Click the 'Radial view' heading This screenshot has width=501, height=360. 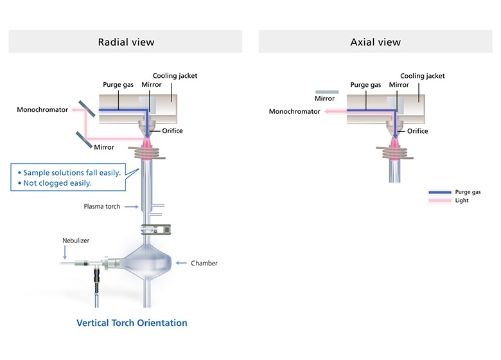[x=126, y=42]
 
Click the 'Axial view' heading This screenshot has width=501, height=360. [x=375, y=42]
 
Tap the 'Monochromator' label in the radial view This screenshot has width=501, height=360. [x=42, y=110]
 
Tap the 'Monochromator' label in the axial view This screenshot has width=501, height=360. [x=294, y=111]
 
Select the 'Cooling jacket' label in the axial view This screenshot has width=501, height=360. [x=422, y=76]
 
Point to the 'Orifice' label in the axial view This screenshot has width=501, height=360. [x=418, y=131]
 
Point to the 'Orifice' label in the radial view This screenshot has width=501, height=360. [x=172, y=131]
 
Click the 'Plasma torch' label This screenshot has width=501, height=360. [x=102, y=206]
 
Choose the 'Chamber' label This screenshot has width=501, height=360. [x=204, y=263]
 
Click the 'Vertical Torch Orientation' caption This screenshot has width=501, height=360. [x=132, y=323]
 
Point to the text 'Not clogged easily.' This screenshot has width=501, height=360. [x=55, y=183]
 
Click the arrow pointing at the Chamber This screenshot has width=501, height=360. [x=181, y=263]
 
